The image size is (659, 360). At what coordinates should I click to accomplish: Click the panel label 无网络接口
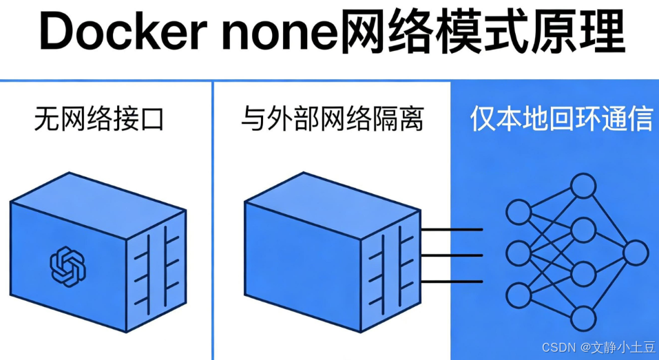(x=100, y=120)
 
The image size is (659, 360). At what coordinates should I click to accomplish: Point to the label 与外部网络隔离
(x=332, y=120)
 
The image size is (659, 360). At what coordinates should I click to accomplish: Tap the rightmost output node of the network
(x=635, y=253)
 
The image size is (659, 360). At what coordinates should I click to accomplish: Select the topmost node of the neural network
(x=583, y=186)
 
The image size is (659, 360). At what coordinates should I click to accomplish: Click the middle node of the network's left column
(x=519, y=253)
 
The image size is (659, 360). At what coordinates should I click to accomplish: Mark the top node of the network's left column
(x=519, y=211)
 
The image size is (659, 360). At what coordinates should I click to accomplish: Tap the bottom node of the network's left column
(x=519, y=295)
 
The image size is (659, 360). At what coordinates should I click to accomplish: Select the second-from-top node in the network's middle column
(x=583, y=230)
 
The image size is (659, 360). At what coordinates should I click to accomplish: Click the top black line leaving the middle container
(x=451, y=230)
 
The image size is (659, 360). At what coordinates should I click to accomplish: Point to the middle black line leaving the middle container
(x=451, y=255)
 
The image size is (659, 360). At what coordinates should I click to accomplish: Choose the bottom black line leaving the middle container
(x=451, y=281)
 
